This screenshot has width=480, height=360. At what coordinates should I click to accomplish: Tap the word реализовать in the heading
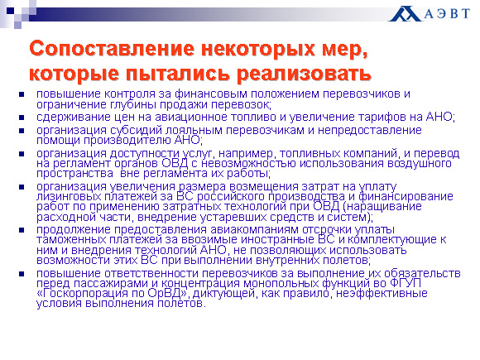point(304,74)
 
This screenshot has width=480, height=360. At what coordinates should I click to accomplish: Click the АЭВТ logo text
point(447,14)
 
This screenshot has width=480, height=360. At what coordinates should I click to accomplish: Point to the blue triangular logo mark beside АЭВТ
point(404,14)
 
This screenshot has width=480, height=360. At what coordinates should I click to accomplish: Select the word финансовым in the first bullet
point(211,94)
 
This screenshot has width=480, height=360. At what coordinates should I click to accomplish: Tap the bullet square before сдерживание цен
point(22,118)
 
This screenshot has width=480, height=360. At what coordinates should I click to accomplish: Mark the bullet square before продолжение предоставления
point(22,230)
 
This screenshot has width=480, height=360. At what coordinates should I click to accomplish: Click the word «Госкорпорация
point(82,293)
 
